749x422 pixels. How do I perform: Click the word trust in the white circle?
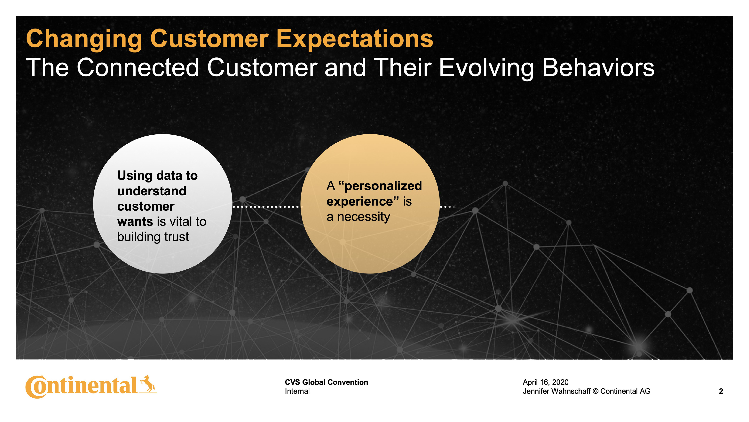point(177,237)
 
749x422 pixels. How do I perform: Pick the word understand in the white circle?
point(152,191)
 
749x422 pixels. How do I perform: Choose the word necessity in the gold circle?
point(363,217)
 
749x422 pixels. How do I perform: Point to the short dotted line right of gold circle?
point(447,207)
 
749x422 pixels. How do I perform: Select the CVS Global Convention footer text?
point(326,382)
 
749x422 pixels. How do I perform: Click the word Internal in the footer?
point(297,391)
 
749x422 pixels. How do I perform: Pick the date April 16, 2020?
point(546,382)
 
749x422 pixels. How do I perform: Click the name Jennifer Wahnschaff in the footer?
point(556,391)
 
